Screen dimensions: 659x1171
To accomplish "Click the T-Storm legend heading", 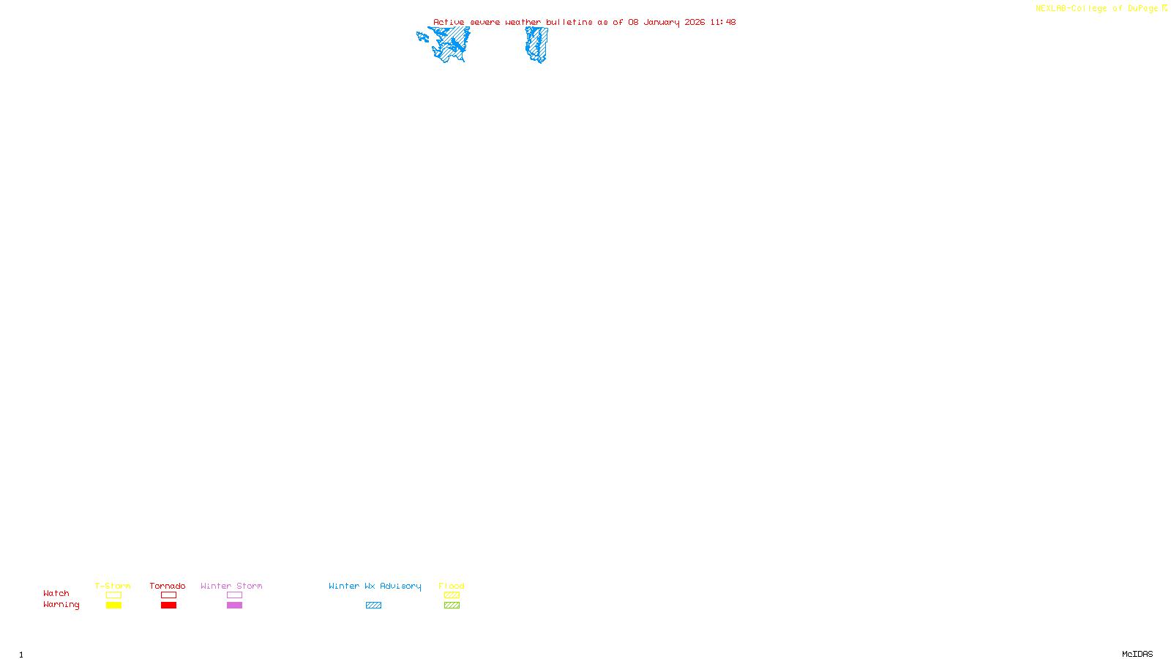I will tap(113, 586).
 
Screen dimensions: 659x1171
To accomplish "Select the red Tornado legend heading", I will tap(168, 586).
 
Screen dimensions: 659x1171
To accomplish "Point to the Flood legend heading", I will tap(452, 586).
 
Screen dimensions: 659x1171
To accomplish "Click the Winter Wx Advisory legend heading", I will tap(375, 586).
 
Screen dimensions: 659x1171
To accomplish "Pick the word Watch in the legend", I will tap(56, 593).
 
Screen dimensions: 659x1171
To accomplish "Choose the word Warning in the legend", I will tap(61, 605).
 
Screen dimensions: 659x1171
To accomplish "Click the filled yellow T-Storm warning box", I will tap(113, 606).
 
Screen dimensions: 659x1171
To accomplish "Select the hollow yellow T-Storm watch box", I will tap(113, 595).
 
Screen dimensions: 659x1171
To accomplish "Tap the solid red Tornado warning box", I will tap(168, 606).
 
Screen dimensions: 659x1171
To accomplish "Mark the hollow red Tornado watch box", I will tap(168, 595).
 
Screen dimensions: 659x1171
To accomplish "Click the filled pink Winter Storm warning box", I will tap(234, 606).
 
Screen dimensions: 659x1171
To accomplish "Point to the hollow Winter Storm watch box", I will tap(234, 595).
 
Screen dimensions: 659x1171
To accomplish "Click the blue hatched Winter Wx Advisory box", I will tap(373, 606).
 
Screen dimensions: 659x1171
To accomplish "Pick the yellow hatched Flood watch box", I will tap(452, 595).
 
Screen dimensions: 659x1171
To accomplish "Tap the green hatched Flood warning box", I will tap(452, 606).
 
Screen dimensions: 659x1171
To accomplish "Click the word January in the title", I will tap(662, 22).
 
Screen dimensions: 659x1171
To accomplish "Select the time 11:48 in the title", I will tap(722, 22).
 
